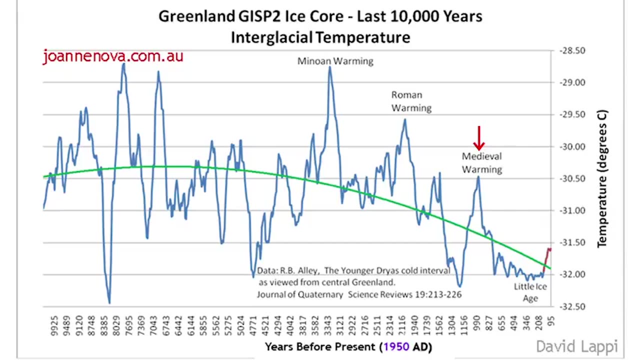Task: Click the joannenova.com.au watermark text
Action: tap(113, 56)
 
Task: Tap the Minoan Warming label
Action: tap(335, 61)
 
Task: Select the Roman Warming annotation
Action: tap(411, 101)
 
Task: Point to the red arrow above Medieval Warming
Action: tap(479, 138)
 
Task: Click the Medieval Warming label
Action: tap(481, 163)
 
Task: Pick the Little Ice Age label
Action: tap(530, 292)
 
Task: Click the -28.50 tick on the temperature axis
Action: tap(572, 50)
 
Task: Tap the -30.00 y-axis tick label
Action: tap(572, 146)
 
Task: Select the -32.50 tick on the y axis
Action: tap(572, 306)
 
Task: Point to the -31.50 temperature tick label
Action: tap(572, 242)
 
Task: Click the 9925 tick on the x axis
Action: tap(54, 325)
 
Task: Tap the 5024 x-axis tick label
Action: tap(240, 325)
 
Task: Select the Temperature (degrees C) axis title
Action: tap(602, 178)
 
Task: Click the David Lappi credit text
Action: tap(576, 346)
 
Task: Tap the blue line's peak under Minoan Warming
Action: tap(330, 67)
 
